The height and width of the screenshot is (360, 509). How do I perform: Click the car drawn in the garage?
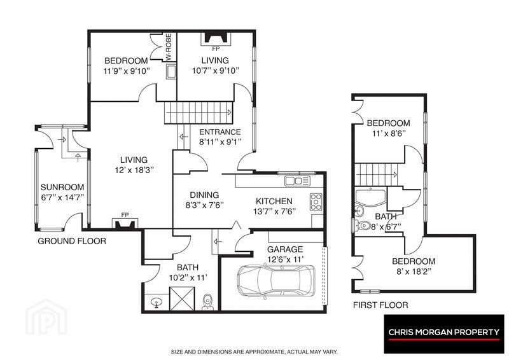coord(276,280)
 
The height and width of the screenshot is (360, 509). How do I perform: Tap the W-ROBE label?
coord(169,48)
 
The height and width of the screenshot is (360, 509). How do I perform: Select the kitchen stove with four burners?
coord(316,202)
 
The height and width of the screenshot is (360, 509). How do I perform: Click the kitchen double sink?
coord(297,181)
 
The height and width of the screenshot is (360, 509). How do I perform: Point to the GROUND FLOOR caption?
coord(72,241)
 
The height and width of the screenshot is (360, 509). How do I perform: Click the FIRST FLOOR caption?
coord(380,305)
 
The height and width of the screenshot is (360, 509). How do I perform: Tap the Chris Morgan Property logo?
coord(443,333)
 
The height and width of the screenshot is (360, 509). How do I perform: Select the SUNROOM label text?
coord(62,187)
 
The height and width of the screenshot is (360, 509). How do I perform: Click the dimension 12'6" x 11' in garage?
coord(285,260)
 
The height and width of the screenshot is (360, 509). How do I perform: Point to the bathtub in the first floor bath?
coord(370,197)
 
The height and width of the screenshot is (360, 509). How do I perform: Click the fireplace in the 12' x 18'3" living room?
coord(125,224)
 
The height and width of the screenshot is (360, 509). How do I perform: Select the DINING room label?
coord(204,195)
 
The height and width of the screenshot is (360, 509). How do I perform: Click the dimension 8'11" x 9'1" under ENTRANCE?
coord(220,142)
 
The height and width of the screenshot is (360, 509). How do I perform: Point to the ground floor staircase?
coord(199,113)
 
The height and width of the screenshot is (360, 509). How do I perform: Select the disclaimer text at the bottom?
coord(254,352)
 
